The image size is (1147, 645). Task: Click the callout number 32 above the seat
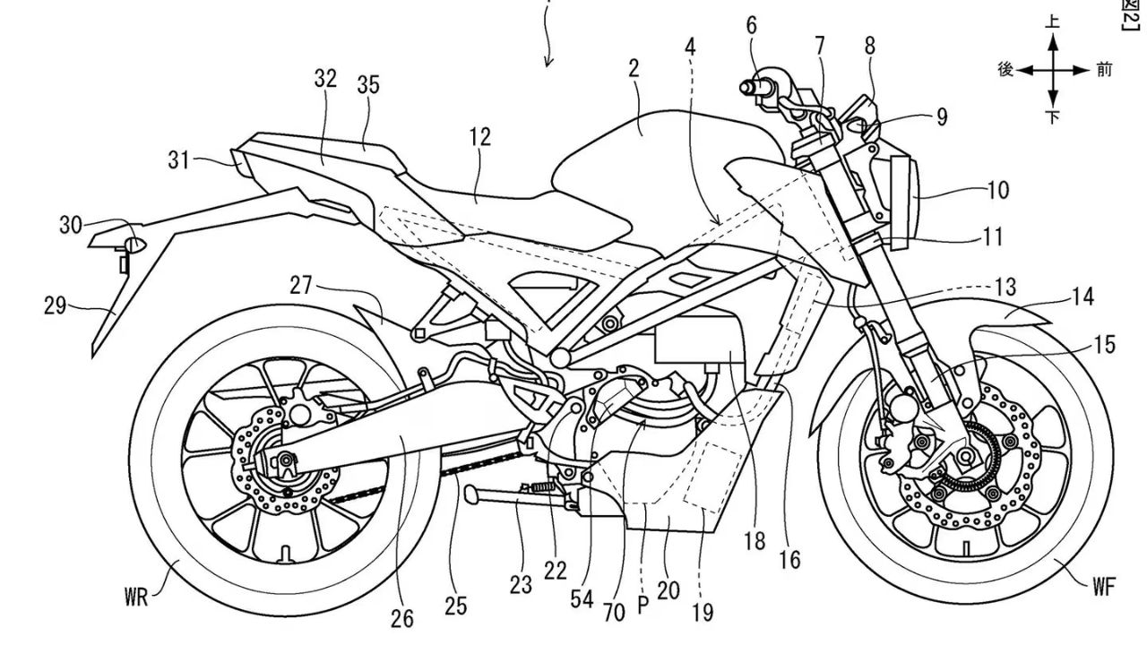coord(325,79)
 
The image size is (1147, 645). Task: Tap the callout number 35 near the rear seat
coord(367,85)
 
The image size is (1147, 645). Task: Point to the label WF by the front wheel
coord(1105,587)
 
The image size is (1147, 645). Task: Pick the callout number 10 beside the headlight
coord(997,190)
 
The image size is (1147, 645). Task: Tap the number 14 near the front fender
coord(1082,297)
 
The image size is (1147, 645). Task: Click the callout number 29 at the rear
coord(55,306)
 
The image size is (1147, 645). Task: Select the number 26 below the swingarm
coord(402,617)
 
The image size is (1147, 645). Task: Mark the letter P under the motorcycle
coord(642,605)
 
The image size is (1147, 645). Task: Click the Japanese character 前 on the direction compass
coord(1103,70)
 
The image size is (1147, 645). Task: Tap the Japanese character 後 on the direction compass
coord(1005,70)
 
